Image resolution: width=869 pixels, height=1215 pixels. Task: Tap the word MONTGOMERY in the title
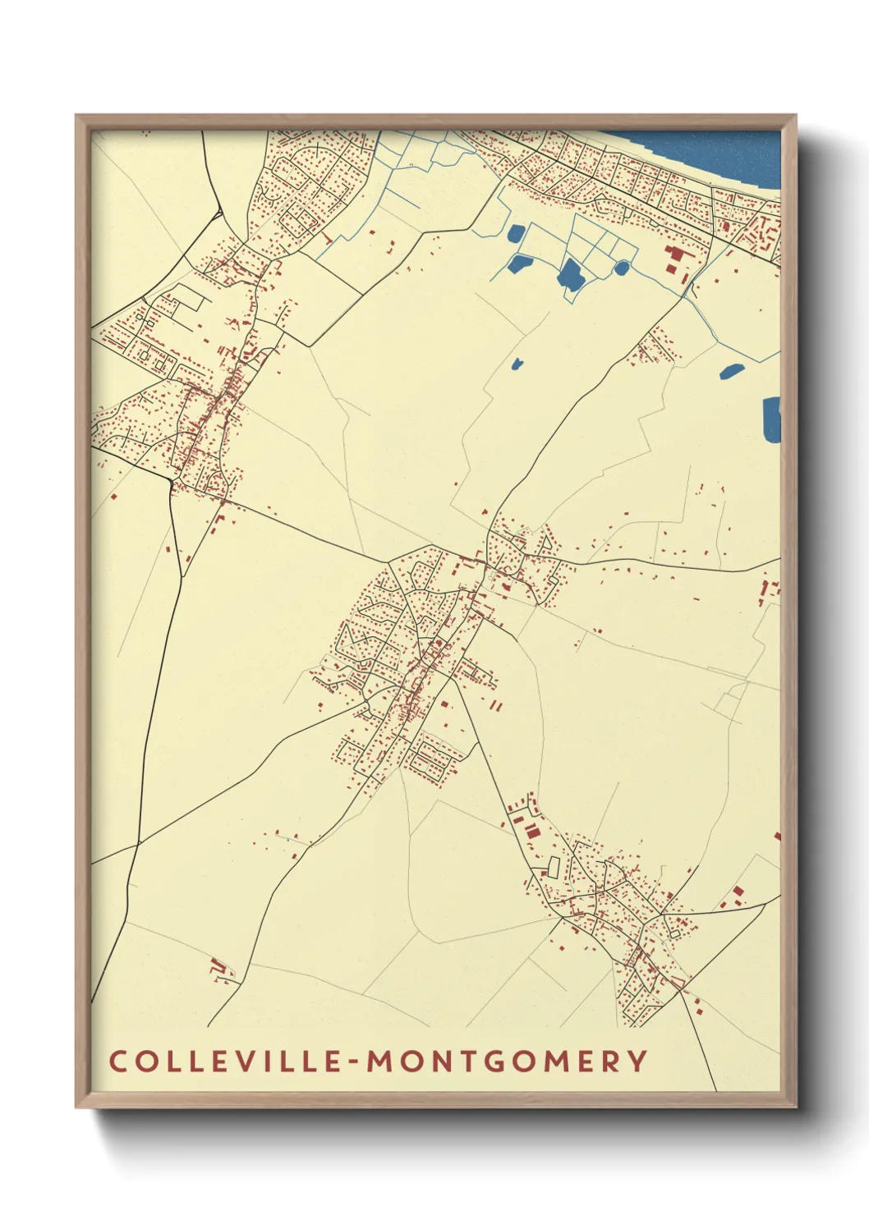[x=507, y=1061]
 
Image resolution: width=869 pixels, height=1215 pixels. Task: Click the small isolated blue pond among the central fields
[x=517, y=363]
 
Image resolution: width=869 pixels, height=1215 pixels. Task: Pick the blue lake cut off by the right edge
[x=771, y=419]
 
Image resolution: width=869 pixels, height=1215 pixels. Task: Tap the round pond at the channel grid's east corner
[x=622, y=268]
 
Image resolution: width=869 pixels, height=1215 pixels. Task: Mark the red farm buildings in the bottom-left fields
[x=218, y=969]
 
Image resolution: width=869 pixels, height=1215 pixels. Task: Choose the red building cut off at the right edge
[x=777, y=836]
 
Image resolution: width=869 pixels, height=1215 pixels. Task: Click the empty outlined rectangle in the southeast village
[x=554, y=866]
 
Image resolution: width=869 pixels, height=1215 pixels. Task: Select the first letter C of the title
[x=117, y=1061]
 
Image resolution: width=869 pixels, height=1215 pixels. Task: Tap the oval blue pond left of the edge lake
[x=731, y=371]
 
